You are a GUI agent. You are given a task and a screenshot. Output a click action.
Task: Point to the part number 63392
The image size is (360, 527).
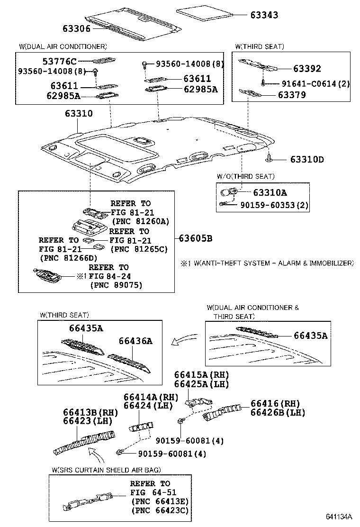[x=306, y=69]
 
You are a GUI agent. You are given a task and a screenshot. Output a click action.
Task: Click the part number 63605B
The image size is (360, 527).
[x=195, y=238]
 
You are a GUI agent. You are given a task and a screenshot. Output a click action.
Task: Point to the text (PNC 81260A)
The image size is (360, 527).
[x=140, y=221]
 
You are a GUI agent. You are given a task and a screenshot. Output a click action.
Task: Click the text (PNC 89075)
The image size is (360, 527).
[x=116, y=284]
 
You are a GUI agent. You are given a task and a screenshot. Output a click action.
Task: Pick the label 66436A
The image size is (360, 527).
[x=135, y=341]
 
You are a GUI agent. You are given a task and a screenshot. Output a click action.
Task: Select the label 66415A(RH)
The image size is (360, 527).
[x=201, y=375]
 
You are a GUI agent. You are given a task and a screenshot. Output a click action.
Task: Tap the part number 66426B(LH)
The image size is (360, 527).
[x=278, y=412]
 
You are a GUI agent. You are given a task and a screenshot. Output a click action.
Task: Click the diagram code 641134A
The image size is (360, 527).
[x=339, y=516]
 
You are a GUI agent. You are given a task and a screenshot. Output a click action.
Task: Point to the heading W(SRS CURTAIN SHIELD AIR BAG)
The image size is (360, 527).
[x=106, y=469]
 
